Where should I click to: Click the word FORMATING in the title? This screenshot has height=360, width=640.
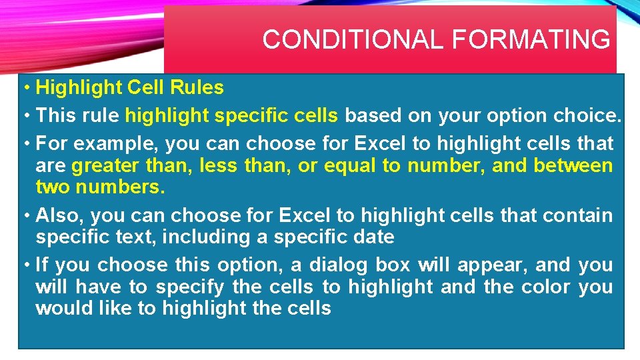(531, 40)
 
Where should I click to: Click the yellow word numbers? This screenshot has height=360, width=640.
(119, 187)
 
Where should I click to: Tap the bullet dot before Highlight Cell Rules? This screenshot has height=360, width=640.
(25, 87)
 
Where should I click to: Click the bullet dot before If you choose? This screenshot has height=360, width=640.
(25, 265)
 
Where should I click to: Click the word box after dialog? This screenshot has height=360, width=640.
(392, 265)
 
